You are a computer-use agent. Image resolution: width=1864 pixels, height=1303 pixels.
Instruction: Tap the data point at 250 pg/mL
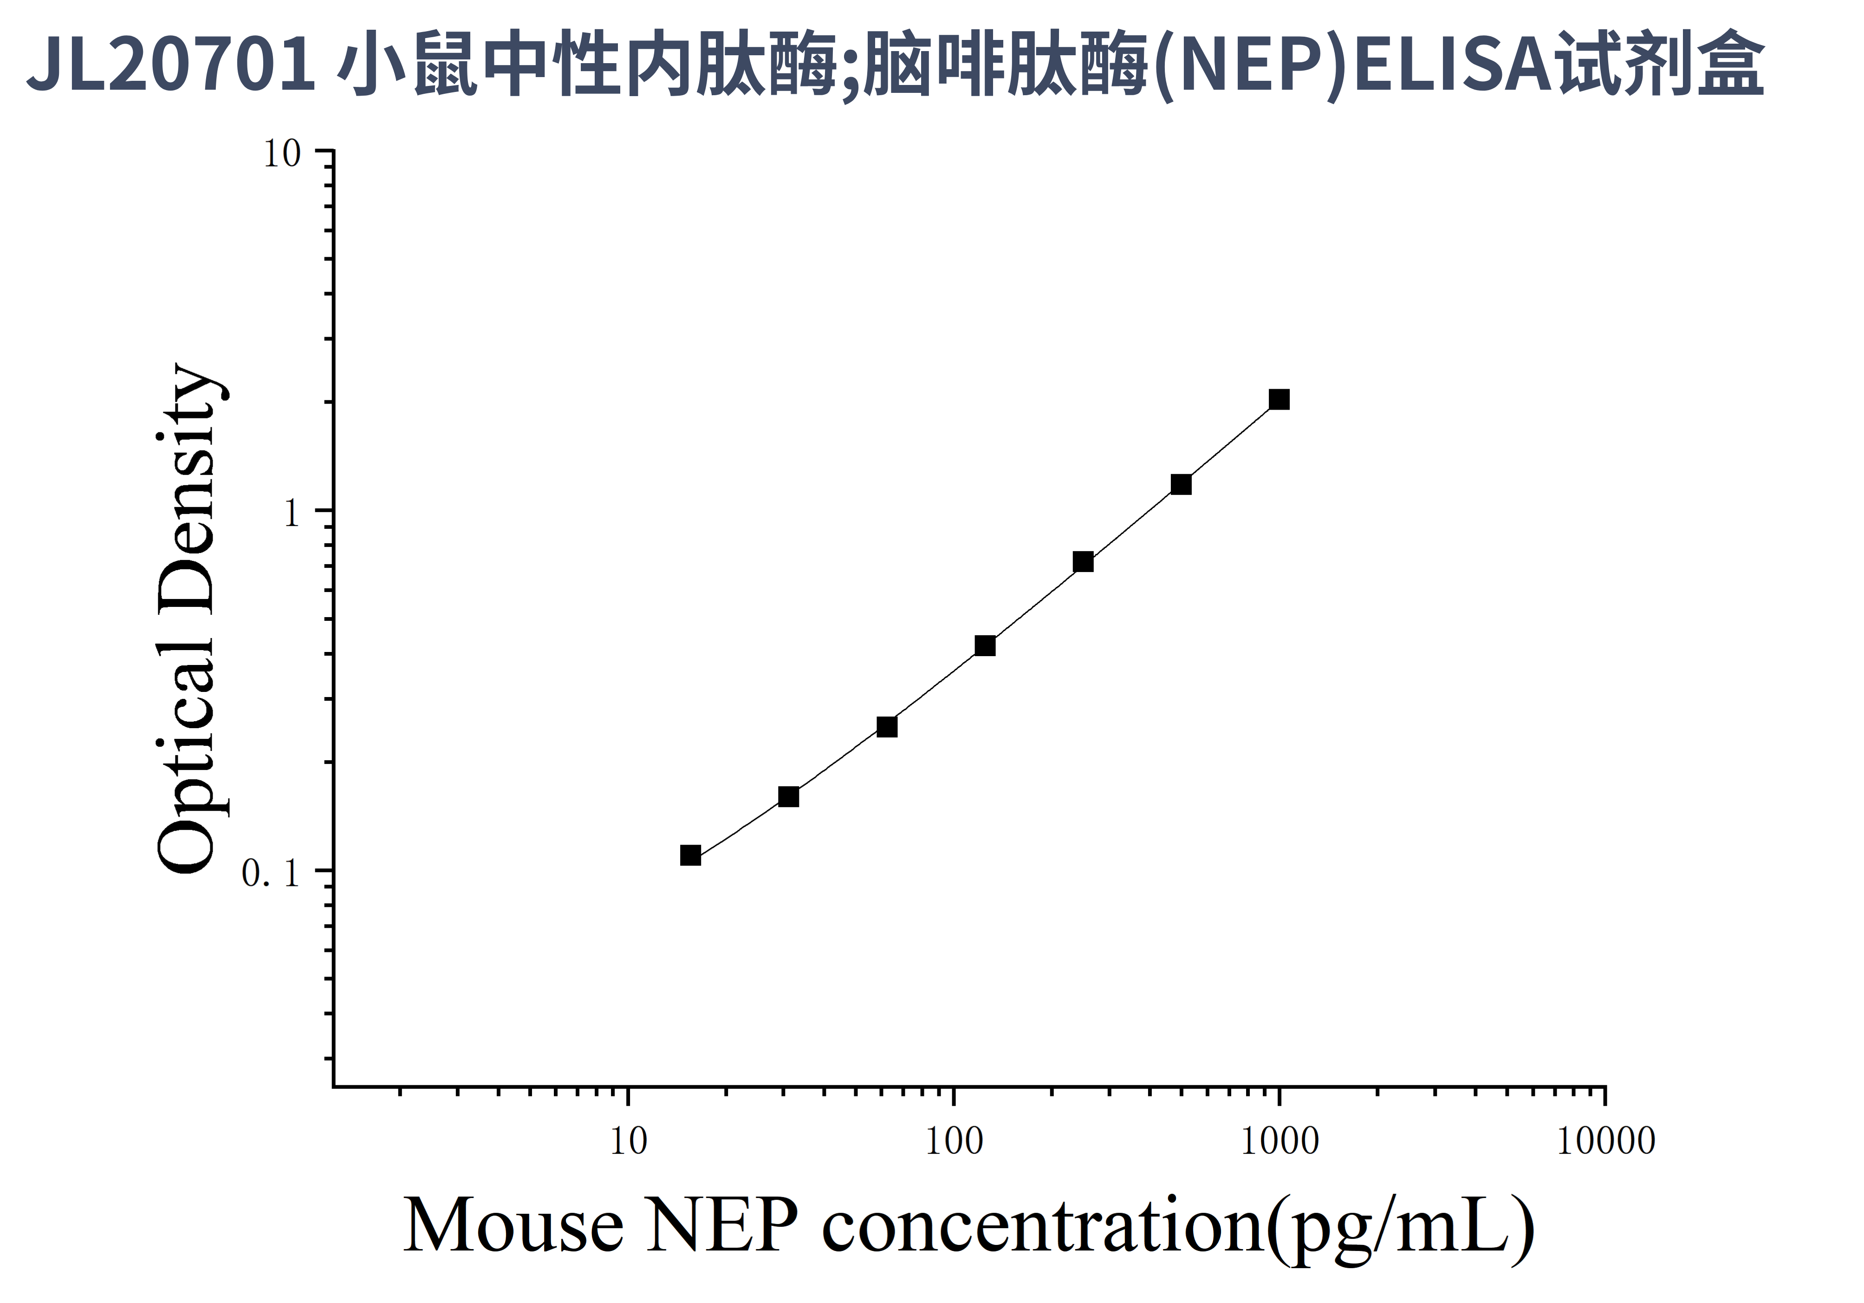coord(1083,562)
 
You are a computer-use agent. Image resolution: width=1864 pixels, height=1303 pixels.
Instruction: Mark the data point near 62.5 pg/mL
coord(887,727)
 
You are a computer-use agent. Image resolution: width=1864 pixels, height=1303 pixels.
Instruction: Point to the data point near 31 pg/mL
coord(788,796)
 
